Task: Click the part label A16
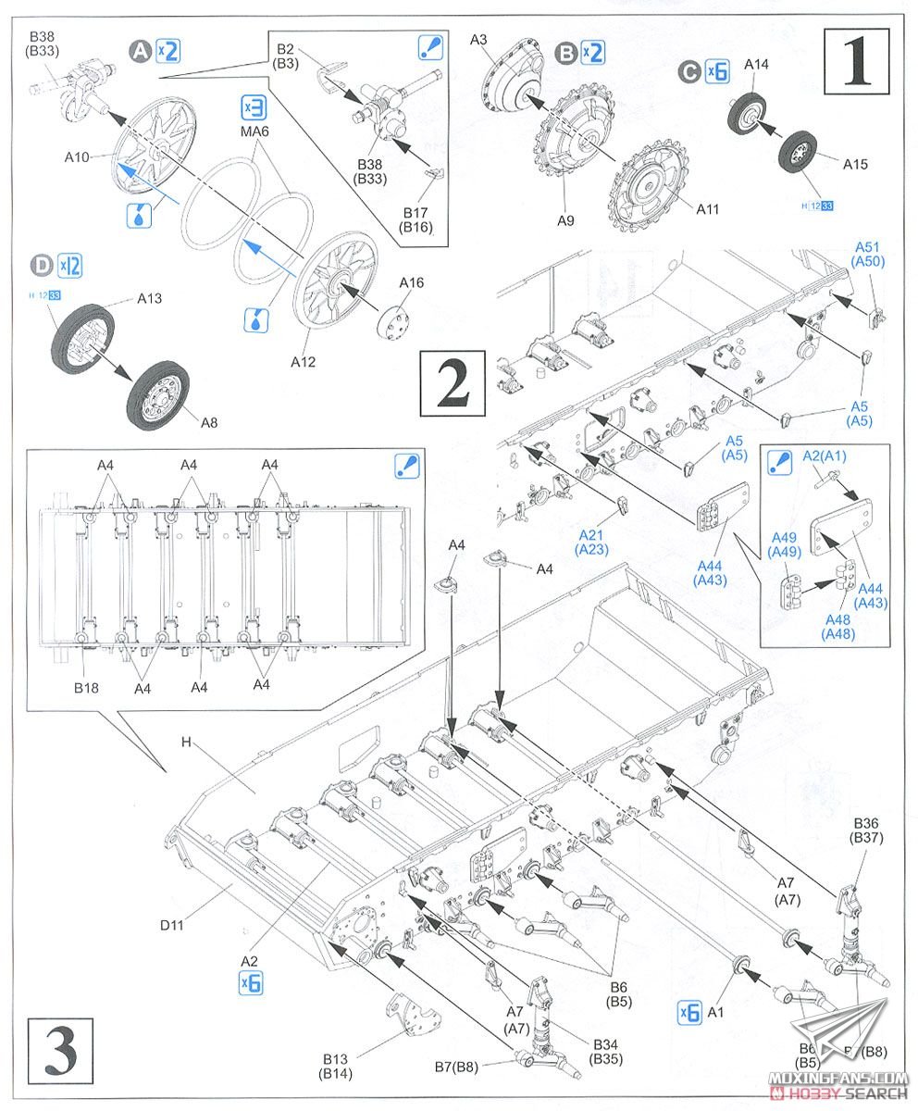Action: [412, 281]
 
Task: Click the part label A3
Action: [478, 40]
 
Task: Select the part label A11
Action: [707, 209]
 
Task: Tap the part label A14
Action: [755, 64]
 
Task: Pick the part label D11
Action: [171, 923]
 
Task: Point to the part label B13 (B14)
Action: [339, 1066]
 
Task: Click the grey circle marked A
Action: [141, 51]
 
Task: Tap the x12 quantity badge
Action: [70, 266]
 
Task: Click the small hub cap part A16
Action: [393, 319]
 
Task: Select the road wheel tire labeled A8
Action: [164, 394]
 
